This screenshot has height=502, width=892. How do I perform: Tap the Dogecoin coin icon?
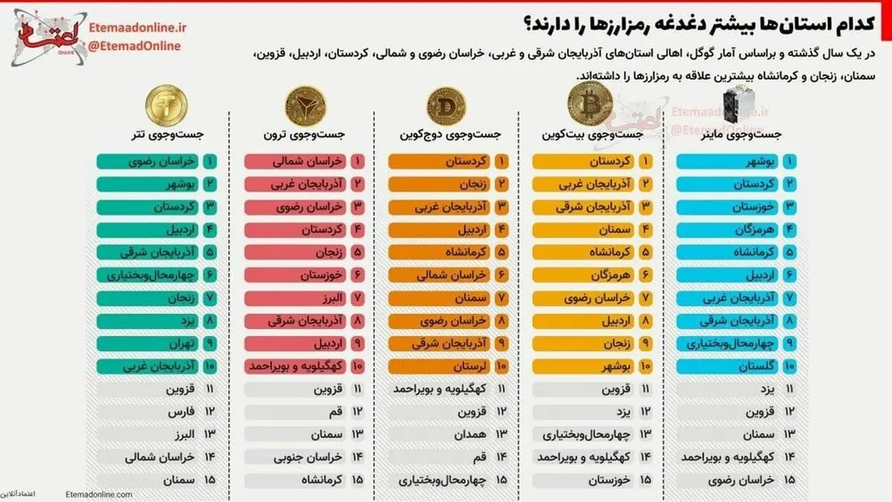click(446, 104)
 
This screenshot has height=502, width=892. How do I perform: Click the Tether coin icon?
click(166, 104)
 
